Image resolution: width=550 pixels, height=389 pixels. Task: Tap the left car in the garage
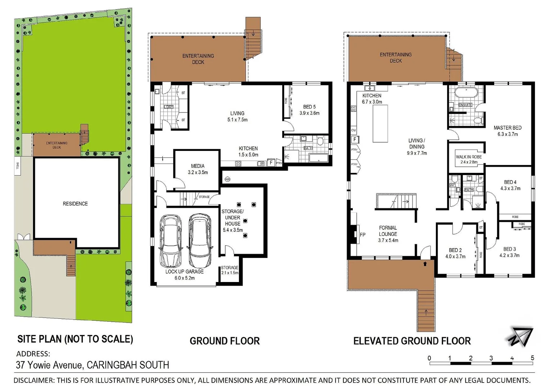[170, 240]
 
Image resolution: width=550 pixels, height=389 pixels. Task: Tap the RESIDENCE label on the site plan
[75, 204]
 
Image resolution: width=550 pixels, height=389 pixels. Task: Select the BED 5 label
[309, 107]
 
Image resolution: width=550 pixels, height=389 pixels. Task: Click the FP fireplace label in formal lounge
[362, 235]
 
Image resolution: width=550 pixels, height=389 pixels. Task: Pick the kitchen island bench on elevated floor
[380, 124]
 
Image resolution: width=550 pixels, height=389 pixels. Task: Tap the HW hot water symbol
[227, 179]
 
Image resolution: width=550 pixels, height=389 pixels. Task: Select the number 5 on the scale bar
[532, 358]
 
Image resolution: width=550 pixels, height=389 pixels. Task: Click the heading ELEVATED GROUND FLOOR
[412, 341]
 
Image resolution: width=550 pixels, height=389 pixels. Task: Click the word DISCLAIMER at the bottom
[33, 380]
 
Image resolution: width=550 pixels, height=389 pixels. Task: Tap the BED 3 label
[509, 249]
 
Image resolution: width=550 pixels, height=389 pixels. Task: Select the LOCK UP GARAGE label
[184, 272]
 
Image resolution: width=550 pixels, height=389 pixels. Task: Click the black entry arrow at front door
[425, 264]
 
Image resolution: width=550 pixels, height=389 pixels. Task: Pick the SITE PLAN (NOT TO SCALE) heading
[75, 339]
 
